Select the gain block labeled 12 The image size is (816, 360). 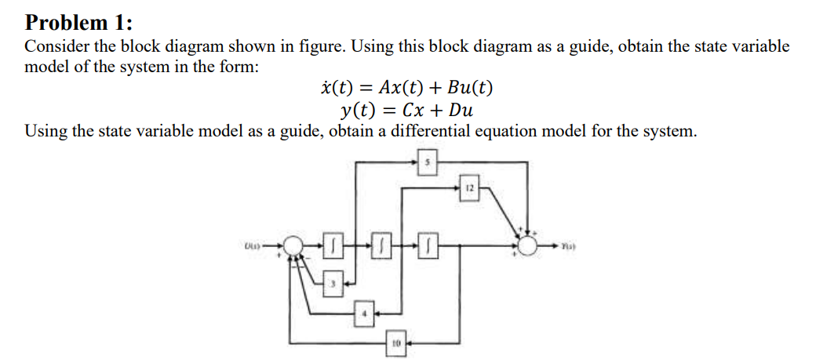[468, 187]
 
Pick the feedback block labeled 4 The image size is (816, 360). [363, 315]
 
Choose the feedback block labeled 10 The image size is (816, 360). [396, 343]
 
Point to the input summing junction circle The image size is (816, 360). [293, 246]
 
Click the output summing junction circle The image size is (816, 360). [528, 246]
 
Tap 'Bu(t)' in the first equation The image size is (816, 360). [470, 87]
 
